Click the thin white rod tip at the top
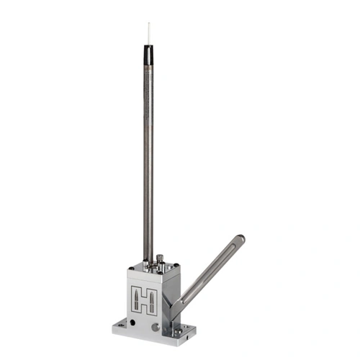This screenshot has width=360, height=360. pos(148,33)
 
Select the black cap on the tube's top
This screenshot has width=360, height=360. pos(148,55)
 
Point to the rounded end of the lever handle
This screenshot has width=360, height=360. pos(240,240)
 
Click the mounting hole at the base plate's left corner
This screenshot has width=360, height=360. pos(122,323)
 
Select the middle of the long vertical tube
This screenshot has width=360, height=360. pos(148,158)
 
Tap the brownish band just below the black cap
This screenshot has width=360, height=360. pos(148,68)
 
